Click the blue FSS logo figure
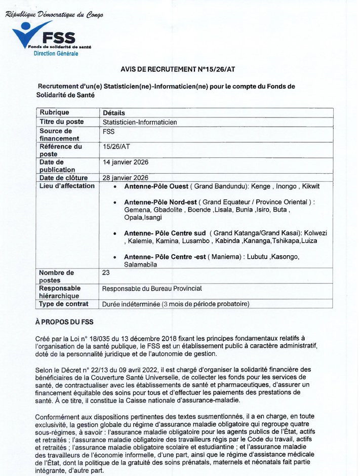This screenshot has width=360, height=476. (x=32, y=34)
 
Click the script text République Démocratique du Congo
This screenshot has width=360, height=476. (x=54, y=15)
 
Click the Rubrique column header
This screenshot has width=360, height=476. (x=55, y=112)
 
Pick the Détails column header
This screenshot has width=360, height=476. (x=114, y=113)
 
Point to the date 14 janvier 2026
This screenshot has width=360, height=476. (x=126, y=162)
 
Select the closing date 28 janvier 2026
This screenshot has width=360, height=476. (x=126, y=178)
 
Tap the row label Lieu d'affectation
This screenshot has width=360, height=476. (x=67, y=186)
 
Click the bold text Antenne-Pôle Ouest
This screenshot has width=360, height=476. (x=156, y=186)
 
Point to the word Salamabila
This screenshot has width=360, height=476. (x=141, y=264)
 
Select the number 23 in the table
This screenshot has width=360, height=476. (x=106, y=272)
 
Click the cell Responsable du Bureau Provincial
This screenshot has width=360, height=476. (x=152, y=289)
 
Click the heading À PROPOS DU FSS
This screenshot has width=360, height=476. (x=64, y=322)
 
